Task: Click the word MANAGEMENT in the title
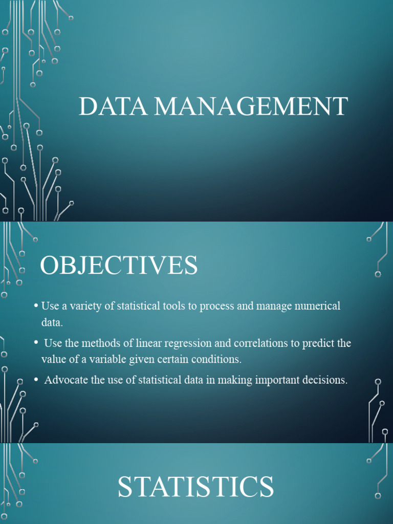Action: pyautogui.click(x=251, y=106)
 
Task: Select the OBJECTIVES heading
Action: pyautogui.click(x=119, y=266)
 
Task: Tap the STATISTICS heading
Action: pyautogui.click(x=195, y=487)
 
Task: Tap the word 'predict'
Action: pyautogui.click(x=319, y=343)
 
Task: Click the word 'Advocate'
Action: pyautogui.click(x=64, y=380)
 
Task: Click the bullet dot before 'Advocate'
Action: pyautogui.click(x=36, y=380)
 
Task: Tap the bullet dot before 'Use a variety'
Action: pyautogui.click(x=36, y=306)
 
